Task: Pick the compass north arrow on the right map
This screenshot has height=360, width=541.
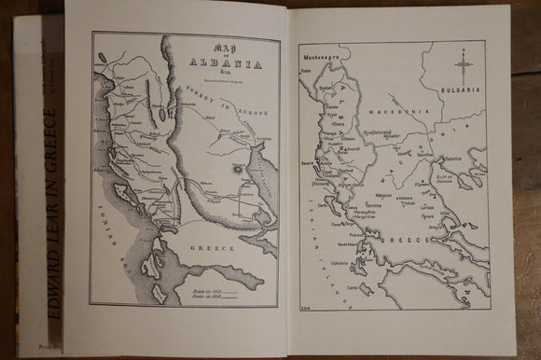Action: [463, 65]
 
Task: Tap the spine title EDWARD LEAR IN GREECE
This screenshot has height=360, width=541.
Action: [50, 215]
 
